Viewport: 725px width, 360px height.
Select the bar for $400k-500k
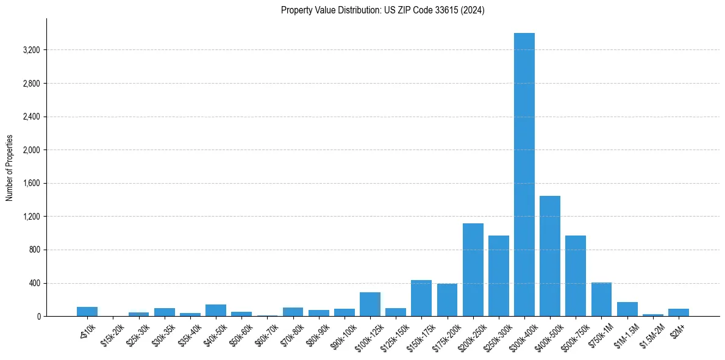coord(550,256)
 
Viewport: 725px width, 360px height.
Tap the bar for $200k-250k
coord(473,270)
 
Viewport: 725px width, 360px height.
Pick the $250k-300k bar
coord(499,276)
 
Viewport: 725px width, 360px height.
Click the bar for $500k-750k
coord(576,276)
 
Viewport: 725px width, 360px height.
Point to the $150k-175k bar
coord(421,298)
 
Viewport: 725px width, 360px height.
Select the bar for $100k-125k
coord(370,304)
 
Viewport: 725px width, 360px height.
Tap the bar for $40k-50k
coord(216,311)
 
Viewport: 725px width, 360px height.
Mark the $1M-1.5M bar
coord(627,309)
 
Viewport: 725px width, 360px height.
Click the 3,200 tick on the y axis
coord(31,50)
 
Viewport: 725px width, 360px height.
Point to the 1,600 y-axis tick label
coord(31,183)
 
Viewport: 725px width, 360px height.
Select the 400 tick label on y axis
coord(34,283)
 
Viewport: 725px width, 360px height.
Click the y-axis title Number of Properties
coord(10,168)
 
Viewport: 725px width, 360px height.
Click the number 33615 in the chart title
coord(449,10)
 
